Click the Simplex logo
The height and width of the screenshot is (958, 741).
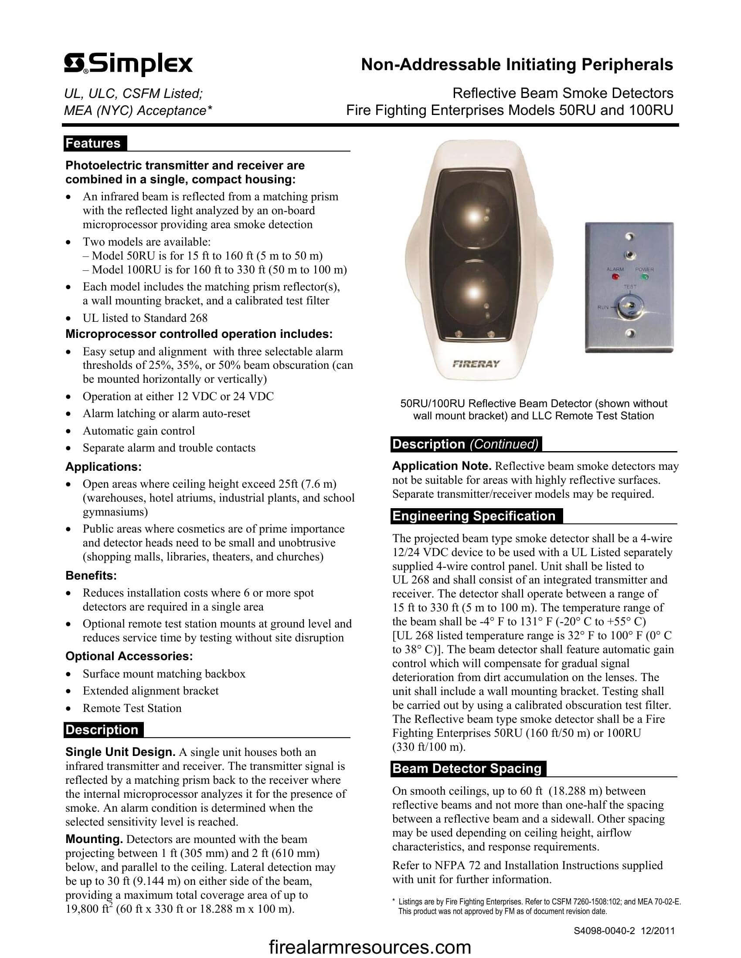[128, 64]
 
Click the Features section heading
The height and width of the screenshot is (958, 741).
[94, 143]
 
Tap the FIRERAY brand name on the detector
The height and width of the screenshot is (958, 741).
[476, 364]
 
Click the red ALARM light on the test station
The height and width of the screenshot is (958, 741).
[615, 277]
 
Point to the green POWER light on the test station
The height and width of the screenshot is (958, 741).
[644, 277]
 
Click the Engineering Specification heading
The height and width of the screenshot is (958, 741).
[474, 516]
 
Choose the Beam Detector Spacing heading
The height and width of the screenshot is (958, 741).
[468, 769]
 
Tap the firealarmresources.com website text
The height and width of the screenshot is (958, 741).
[370, 947]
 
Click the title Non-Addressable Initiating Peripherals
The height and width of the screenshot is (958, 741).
[517, 64]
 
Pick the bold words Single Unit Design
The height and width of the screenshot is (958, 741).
[120, 752]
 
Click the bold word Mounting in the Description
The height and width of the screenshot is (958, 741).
[94, 839]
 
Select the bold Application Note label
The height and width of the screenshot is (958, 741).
[442, 466]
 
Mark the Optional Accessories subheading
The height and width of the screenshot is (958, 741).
[129, 656]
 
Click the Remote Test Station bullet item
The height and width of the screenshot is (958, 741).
[132, 708]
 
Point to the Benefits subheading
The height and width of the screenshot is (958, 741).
[91, 576]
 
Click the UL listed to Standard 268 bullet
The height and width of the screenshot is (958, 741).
[145, 318]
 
